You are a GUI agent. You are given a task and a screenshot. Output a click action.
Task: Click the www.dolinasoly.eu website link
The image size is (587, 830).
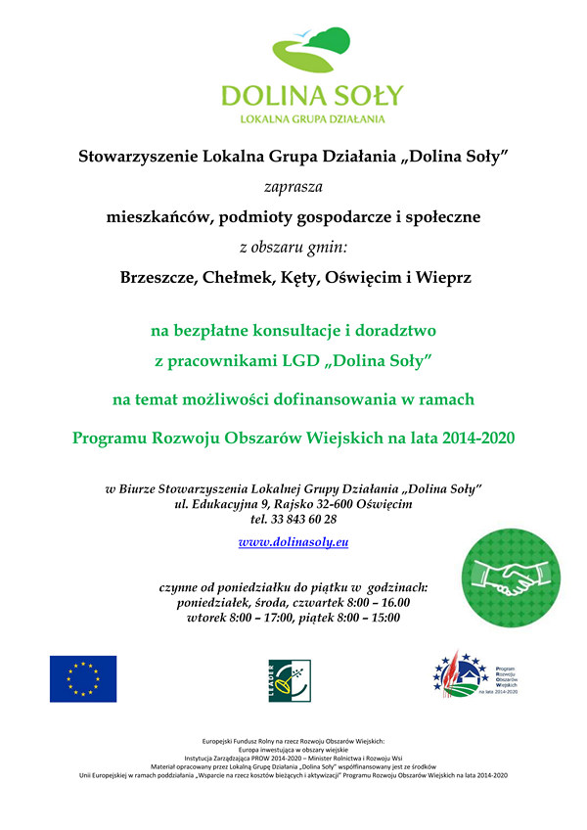click(x=293, y=540)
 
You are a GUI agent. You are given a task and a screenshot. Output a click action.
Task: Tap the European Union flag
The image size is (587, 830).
click(x=83, y=678)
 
